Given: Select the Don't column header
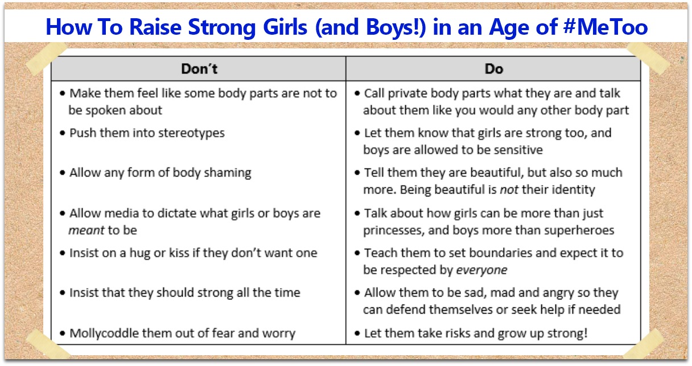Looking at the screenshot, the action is click(x=199, y=69).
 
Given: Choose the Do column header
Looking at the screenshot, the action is click(x=494, y=69).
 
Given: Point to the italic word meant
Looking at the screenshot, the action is click(x=86, y=231).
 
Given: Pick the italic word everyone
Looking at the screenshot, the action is click(x=481, y=270).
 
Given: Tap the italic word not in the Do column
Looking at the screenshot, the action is click(x=509, y=190).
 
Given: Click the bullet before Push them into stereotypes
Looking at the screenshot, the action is click(x=63, y=133).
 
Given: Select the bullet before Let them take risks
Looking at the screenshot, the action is click(x=357, y=334).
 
